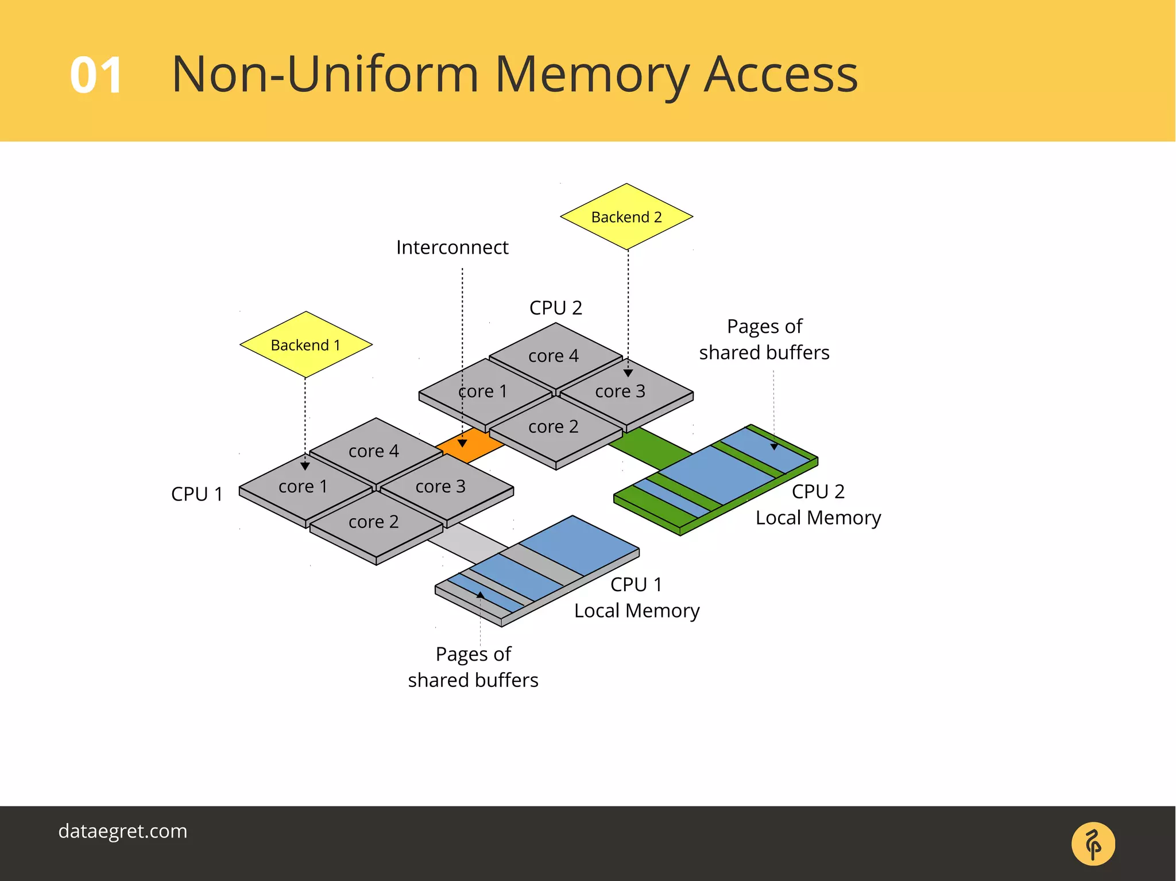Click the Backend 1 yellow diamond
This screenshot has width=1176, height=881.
(x=305, y=345)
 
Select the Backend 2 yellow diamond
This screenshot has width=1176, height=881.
(x=626, y=217)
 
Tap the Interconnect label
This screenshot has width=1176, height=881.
(x=452, y=247)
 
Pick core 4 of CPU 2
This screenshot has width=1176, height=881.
(x=554, y=356)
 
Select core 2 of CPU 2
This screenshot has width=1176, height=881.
(x=554, y=427)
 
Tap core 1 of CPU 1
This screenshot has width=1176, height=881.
(x=303, y=487)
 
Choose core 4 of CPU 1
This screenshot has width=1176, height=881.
(x=374, y=451)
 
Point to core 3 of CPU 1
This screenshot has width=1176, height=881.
(x=441, y=487)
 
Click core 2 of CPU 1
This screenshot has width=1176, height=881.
(x=374, y=522)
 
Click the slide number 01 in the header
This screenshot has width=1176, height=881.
(x=96, y=75)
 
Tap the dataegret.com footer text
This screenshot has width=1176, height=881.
(x=123, y=831)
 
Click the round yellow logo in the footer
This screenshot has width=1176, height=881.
(x=1093, y=844)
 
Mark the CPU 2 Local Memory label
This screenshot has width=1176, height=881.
(x=818, y=504)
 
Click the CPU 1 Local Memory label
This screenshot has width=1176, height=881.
(x=637, y=597)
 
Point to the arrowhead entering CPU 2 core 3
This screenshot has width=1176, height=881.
(x=628, y=374)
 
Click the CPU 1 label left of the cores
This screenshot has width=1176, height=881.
(x=196, y=494)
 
